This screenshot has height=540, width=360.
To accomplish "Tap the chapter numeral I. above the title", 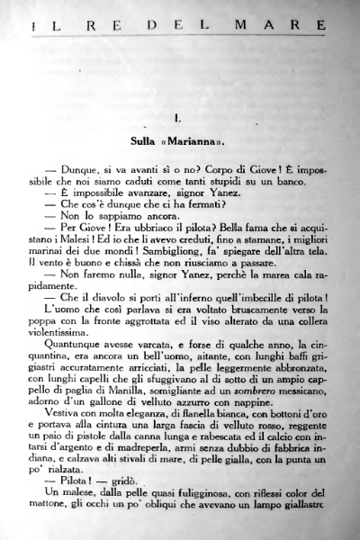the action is pyautogui.click(x=180, y=118).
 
